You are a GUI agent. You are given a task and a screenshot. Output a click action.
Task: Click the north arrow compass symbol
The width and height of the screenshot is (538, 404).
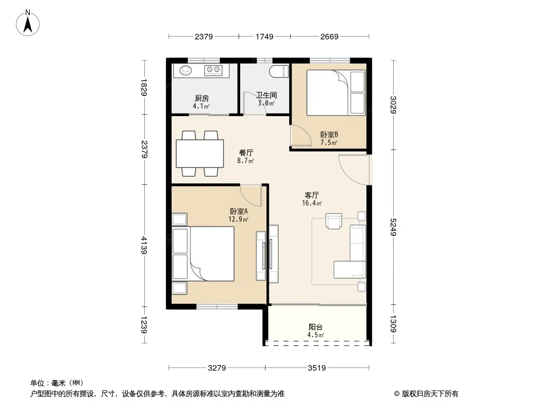pos(28,23)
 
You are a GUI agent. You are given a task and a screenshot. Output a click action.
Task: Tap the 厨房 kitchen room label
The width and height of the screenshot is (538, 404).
pos(202,98)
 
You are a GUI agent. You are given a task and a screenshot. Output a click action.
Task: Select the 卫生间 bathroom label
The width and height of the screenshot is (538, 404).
pos(266,95)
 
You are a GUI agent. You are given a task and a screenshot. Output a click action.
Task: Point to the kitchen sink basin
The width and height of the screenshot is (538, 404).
pos(186,70)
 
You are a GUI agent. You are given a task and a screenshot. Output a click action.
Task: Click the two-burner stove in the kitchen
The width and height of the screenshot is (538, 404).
pos(213,70)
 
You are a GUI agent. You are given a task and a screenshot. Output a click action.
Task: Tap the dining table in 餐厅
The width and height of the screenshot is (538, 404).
pos(200,154)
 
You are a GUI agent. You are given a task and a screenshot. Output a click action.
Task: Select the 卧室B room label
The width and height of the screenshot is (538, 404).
pos(329,134)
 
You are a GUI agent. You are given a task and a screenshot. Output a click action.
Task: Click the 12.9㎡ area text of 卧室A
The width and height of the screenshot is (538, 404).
pos(238,219)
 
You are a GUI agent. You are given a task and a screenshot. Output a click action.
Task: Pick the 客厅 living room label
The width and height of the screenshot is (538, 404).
pos(311,195)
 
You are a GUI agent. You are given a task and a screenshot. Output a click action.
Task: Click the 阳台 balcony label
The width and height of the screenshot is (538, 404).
pos(315,327)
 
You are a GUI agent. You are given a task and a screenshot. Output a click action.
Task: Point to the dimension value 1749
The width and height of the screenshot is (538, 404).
pos(264,36)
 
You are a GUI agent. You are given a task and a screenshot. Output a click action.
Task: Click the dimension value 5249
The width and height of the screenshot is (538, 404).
pos(393,227)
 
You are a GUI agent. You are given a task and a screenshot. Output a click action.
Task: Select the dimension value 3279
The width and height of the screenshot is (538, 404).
pos(217,368)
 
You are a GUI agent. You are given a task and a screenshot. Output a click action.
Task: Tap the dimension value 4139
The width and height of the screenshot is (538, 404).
pos(144,245)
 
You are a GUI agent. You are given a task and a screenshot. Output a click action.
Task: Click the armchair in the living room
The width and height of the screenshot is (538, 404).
pos(334,221)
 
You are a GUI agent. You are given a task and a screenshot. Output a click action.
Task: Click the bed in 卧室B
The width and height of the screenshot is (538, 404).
pos(336,93)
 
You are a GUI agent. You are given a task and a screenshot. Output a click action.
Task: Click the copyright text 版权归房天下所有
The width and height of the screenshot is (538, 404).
pos(430,394)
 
